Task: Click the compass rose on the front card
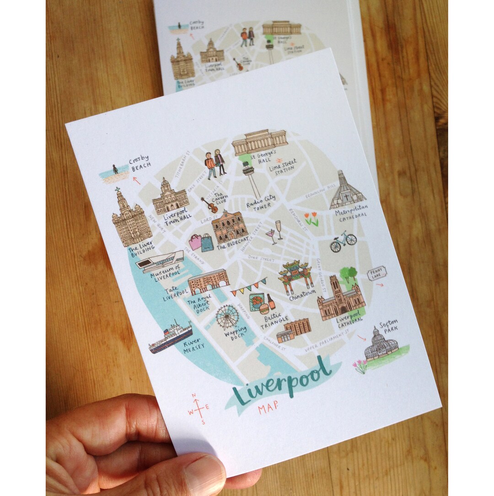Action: point(198,408)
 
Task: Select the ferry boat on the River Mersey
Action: point(171,337)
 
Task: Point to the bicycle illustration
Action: point(343,241)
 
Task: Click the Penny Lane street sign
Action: point(377,274)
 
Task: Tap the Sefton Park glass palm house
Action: point(381,344)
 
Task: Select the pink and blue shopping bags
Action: point(201,242)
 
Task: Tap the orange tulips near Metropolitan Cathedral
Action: point(311,219)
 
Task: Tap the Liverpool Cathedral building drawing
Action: point(340,300)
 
